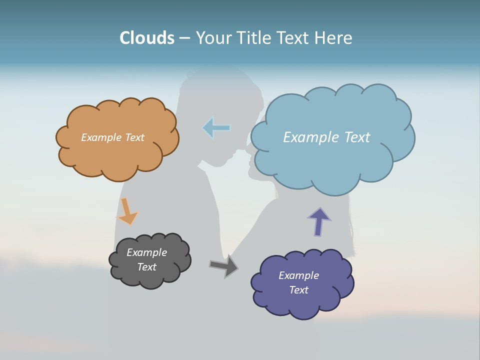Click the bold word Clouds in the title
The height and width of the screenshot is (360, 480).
pyautogui.click(x=147, y=38)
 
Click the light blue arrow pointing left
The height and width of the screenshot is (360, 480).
pyautogui.click(x=216, y=128)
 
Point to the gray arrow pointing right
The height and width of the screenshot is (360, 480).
pyautogui.click(x=224, y=266)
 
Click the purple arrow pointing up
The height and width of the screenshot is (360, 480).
pyautogui.click(x=319, y=221)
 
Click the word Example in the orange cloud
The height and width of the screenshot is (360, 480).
pyautogui.click(x=101, y=137)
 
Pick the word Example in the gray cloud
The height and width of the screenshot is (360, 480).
pyautogui.click(x=146, y=252)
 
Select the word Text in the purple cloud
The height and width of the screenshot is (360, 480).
pyautogui.click(x=298, y=290)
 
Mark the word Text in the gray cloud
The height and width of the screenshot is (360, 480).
pyautogui.click(x=146, y=267)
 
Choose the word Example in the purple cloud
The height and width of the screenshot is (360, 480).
pyautogui.click(x=298, y=275)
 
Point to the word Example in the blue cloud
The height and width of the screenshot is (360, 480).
pyautogui.click(x=310, y=137)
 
